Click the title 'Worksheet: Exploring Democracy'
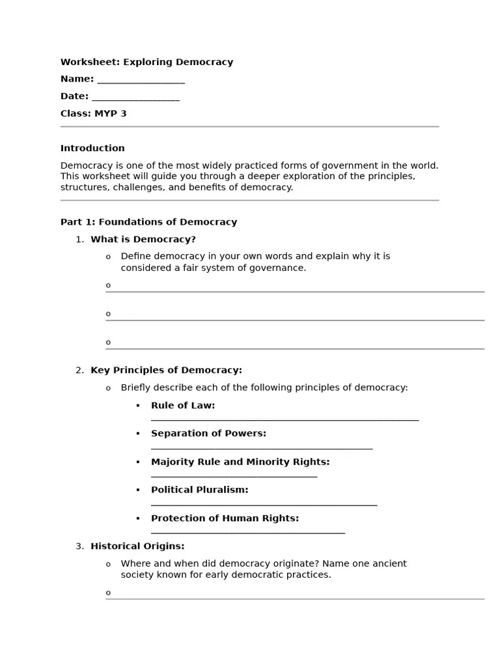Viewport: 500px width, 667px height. pyautogui.click(x=146, y=63)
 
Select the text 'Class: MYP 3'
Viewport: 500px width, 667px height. pyautogui.click(x=93, y=114)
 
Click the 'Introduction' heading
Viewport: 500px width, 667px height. pyautogui.click(x=92, y=149)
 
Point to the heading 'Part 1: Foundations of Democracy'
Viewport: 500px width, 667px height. pyautogui.click(x=148, y=222)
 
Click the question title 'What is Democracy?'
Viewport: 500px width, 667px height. pyautogui.click(x=143, y=240)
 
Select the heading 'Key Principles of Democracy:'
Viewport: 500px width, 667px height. pyautogui.click(x=166, y=371)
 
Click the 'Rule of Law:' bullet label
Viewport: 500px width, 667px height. pyautogui.click(x=183, y=406)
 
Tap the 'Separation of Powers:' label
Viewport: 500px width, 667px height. pyautogui.click(x=208, y=434)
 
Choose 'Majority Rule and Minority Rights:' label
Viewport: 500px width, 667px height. pyautogui.click(x=240, y=462)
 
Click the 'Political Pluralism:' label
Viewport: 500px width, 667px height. pyautogui.click(x=199, y=490)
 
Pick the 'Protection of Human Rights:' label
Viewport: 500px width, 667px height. pyautogui.click(x=225, y=519)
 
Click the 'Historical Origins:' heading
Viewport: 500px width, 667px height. pyautogui.click(x=137, y=546)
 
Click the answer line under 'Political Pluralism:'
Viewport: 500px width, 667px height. pyautogui.click(x=264, y=504)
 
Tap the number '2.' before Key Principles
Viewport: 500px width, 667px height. pyautogui.click(x=79, y=371)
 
